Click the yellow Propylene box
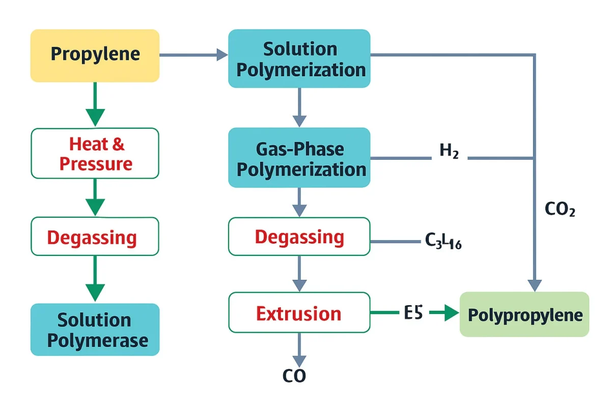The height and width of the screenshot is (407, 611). tap(95, 55)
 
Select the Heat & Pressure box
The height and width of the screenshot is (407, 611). tap(95, 153)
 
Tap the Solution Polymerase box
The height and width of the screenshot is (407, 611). tap(95, 330)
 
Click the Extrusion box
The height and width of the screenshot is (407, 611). tap(299, 313)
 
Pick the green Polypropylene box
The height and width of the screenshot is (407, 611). tap(524, 314)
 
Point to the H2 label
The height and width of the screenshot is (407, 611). tap(449, 152)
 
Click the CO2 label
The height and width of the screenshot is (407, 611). tap(560, 210)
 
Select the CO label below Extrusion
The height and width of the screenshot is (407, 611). tap(294, 376)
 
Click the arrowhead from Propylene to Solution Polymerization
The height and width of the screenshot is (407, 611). tap(222, 54)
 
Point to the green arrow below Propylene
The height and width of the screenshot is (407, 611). tap(95, 104)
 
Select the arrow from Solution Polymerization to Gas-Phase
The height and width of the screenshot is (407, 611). tap(299, 107)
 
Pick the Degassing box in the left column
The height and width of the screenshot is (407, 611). tap(95, 237)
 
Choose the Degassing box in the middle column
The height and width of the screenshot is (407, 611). tap(299, 237)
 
